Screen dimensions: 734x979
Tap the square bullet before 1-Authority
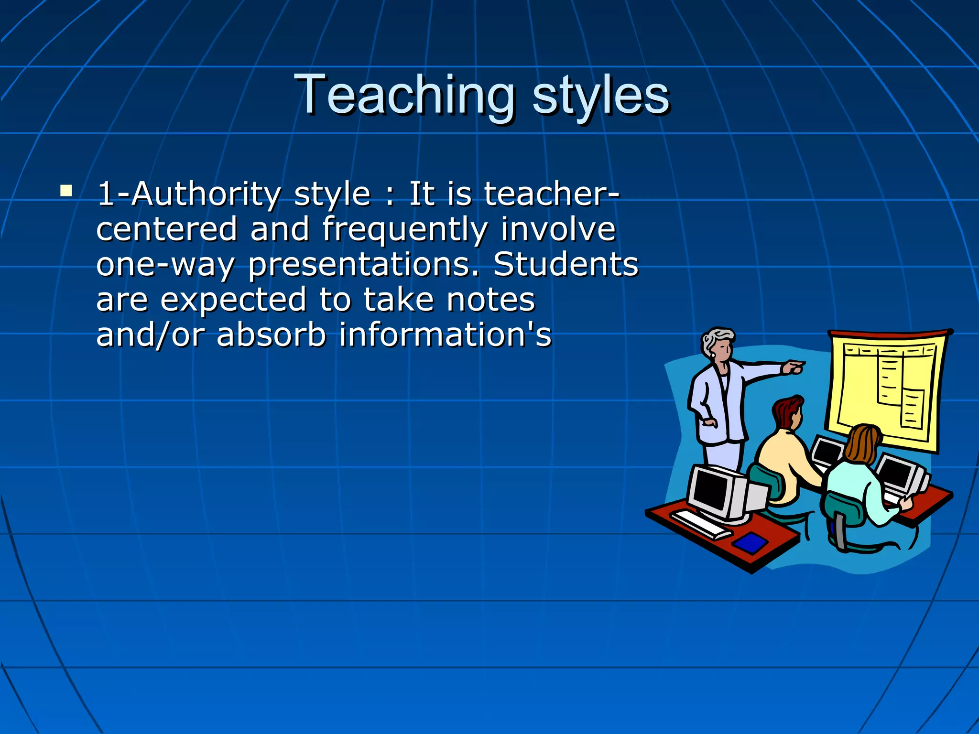(66, 192)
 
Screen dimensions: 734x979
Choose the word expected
(233, 300)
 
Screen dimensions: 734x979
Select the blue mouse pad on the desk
(750, 542)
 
